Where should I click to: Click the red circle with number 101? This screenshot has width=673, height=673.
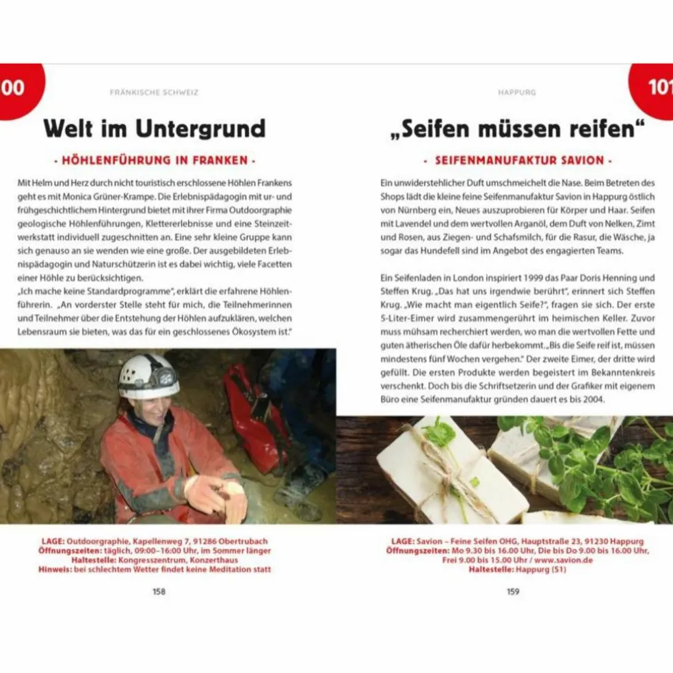(x=654, y=87)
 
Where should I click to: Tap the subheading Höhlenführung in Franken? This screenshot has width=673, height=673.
(x=155, y=161)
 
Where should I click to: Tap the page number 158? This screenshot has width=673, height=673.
(x=159, y=592)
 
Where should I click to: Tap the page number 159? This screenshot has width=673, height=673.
(x=513, y=592)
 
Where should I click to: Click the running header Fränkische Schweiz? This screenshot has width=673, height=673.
(x=155, y=92)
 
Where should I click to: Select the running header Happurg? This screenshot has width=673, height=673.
(x=516, y=92)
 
